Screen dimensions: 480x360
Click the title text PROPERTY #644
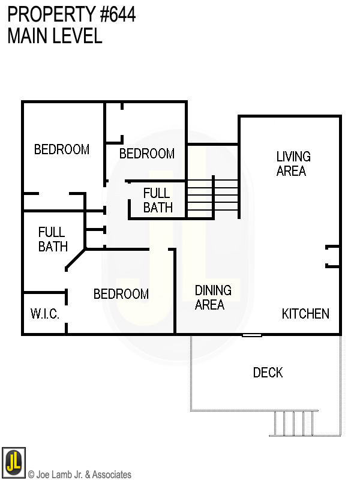pos(71,15)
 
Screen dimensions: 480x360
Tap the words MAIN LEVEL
pos(55,36)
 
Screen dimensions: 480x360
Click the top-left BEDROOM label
pos(61,149)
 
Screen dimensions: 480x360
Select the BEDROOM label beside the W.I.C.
pos(121,294)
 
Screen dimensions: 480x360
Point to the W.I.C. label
pos(44,314)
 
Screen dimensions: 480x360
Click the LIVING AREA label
pos(293,163)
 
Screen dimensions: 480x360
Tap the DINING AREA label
pos(213,297)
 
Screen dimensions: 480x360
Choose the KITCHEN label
pos(305,314)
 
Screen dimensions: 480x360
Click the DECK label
pos(268,373)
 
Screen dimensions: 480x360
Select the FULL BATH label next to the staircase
pos(158,200)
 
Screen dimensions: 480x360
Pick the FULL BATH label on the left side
pos(53,239)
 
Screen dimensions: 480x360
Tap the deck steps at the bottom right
pos(294,423)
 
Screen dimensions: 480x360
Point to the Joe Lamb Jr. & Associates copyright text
pos(79,475)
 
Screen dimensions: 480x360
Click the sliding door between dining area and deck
pos(252,335)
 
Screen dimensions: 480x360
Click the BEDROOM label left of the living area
pos(146,154)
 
